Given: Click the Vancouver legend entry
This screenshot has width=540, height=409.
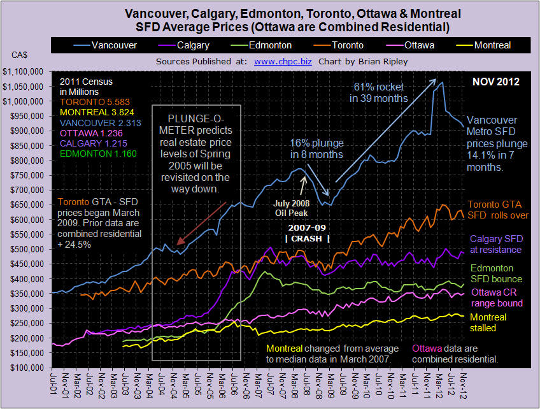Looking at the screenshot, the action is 105,45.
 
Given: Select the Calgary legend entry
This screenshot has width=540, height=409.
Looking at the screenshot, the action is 183,45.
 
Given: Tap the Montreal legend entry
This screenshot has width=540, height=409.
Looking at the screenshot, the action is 483,45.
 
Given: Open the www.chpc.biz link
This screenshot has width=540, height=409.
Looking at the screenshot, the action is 283,62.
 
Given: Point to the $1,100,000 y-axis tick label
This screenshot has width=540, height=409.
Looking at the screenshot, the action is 23,71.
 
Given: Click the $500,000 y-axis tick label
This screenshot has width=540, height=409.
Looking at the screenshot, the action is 26,249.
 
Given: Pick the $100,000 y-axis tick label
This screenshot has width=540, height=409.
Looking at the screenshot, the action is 26,368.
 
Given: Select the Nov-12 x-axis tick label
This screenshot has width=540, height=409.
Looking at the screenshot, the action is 464,385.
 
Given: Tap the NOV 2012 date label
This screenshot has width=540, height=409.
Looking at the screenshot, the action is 495,82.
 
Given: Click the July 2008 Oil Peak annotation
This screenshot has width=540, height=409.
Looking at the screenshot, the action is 292,208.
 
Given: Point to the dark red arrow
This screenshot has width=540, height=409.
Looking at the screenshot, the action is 201,223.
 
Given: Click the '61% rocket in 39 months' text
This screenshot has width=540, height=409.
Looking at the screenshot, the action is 378,92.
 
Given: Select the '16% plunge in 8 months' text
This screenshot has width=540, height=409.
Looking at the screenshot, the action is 316,148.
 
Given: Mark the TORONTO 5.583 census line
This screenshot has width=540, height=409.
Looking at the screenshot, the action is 95,103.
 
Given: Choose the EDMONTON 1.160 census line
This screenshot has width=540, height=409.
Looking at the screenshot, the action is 98,154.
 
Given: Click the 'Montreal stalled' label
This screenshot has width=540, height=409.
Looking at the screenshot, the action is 488,322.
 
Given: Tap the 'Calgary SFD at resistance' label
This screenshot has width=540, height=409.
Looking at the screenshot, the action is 496,244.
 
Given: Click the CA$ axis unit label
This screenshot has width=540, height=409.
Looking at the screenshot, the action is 19,55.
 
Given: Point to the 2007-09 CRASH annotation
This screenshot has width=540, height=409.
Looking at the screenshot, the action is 307,233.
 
